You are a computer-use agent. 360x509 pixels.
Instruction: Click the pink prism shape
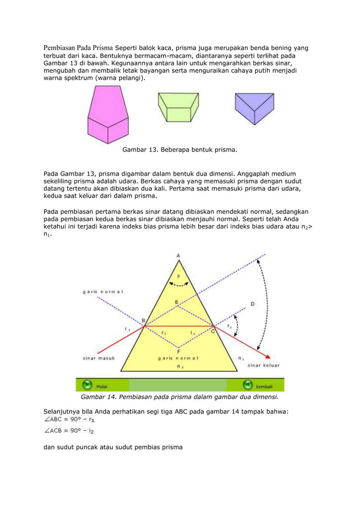(109, 116)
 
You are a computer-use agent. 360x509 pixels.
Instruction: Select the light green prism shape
(178, 108)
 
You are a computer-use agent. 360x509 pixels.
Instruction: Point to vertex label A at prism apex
(179, 256)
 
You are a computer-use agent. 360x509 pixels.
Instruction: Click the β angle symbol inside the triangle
(179, 277)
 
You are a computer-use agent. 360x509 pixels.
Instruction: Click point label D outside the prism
(252, 304)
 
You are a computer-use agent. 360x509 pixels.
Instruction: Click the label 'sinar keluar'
(264, 365)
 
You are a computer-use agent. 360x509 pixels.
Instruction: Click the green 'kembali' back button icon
(247, 385)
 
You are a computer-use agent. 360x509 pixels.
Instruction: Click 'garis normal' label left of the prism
(103, 292)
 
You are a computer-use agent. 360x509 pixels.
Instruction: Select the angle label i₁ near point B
(127, 328)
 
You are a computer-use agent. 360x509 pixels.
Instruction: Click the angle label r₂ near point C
(229, 326)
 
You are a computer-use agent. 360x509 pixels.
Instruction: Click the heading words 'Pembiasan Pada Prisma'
(79, 47)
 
